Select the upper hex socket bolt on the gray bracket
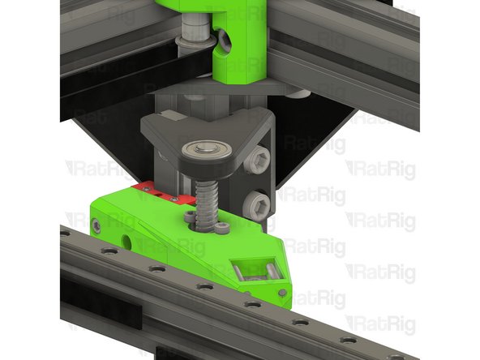click(260, 159)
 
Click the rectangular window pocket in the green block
click(251, 268)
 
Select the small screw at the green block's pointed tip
click(281, 291)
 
